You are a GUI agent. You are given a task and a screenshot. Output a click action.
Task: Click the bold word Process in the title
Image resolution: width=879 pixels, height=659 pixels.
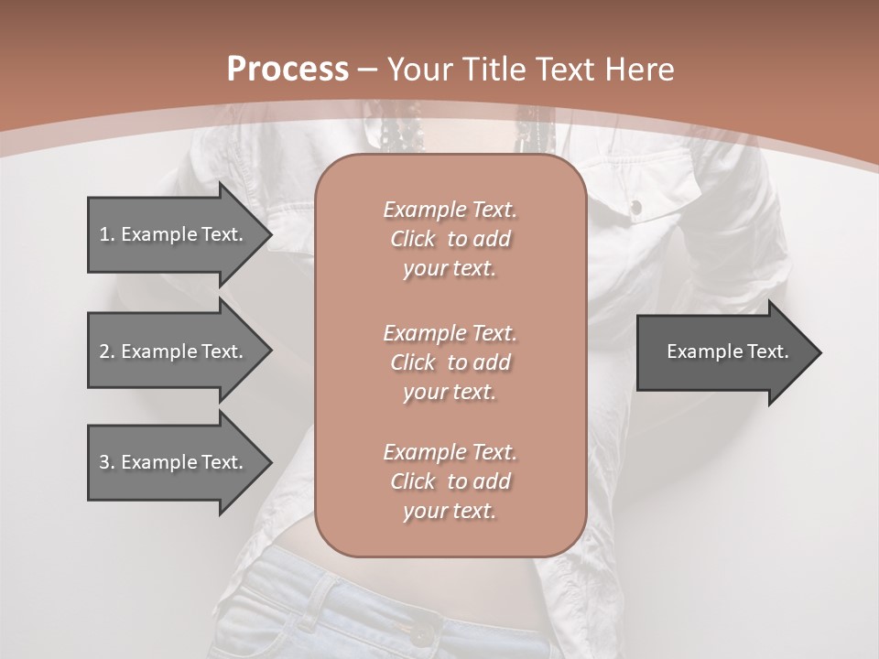[288, 70]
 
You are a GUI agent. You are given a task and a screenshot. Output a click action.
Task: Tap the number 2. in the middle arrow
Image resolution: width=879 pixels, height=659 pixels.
[107, 351]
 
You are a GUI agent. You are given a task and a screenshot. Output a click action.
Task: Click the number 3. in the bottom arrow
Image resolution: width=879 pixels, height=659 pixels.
[107, 462]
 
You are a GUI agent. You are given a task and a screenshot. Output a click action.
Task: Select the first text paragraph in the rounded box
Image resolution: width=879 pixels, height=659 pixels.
[450, 239]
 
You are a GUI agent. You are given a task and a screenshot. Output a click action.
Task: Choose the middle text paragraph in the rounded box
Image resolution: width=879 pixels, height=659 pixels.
[450, 362]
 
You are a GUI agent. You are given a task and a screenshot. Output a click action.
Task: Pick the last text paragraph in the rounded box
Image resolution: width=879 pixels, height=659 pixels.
[450, 481]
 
